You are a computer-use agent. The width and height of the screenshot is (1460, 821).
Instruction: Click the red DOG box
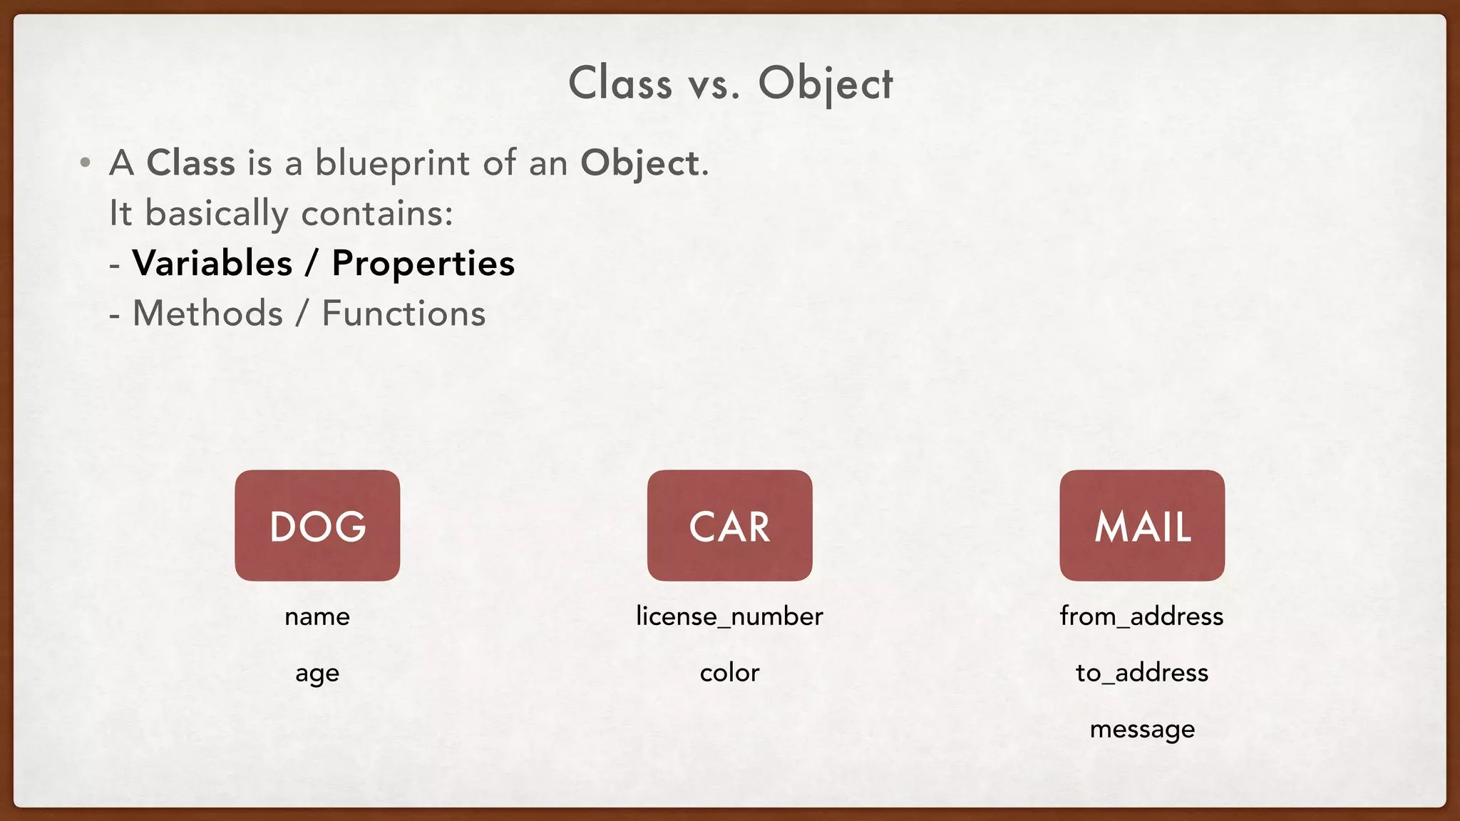coord(317,525)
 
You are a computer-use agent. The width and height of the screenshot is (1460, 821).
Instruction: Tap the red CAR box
coord(729,525)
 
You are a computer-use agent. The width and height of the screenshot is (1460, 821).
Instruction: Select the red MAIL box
coord(1142,525)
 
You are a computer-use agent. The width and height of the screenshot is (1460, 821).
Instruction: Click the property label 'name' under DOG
coord(317,616)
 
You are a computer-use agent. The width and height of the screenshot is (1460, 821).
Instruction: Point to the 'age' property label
coord(317,673)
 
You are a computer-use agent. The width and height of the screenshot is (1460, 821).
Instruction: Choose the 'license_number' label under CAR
coord(729,616)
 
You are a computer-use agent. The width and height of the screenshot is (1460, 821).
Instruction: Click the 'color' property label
coord(729,673)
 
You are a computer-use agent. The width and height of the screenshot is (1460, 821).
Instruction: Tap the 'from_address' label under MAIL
coord(1141,616)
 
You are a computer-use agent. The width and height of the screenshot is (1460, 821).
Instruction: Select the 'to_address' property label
coord(1141,673)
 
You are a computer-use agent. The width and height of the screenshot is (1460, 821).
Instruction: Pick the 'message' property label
coord(1142,730)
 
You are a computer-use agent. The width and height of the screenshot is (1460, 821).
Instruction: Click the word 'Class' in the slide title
coord(620,83)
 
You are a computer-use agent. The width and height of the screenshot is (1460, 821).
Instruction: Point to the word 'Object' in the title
coord(825,83)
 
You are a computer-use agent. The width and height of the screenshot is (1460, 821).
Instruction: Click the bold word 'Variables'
coord(212,263)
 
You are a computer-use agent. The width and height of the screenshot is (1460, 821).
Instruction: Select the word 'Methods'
coord(208,314)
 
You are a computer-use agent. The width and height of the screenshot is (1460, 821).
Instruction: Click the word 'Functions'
coord(403,314)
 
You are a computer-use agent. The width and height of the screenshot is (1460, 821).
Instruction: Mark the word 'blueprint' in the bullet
coord(393,164)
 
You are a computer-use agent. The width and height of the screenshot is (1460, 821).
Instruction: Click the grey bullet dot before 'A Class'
coord(86,163)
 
